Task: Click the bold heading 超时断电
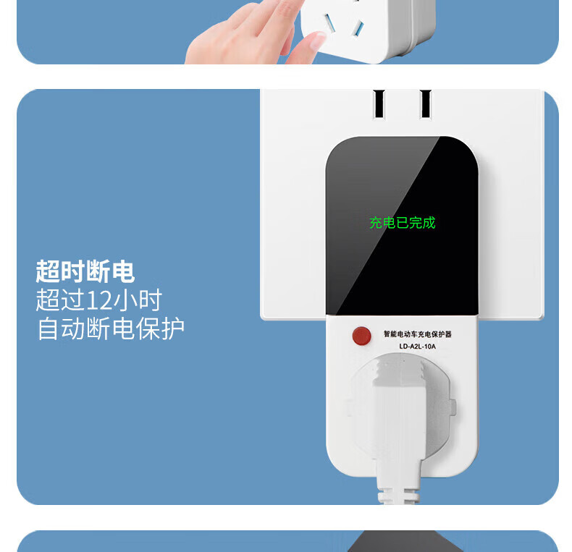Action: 85,271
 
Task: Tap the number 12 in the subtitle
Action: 98,300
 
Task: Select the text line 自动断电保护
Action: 111,329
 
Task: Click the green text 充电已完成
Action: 403,223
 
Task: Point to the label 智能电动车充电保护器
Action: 418,334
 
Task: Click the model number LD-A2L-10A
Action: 417,347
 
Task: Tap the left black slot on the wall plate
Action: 379,103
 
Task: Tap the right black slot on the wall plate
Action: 426,103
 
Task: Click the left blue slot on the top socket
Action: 329,22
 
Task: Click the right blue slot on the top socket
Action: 358,28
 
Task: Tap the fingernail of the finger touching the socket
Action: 318,40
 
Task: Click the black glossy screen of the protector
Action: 402,226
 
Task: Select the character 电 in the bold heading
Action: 123,271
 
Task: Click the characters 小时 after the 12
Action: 138,300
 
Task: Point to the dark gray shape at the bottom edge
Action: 405,541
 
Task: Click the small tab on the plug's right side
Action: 453,407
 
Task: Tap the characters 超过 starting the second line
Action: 60,300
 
